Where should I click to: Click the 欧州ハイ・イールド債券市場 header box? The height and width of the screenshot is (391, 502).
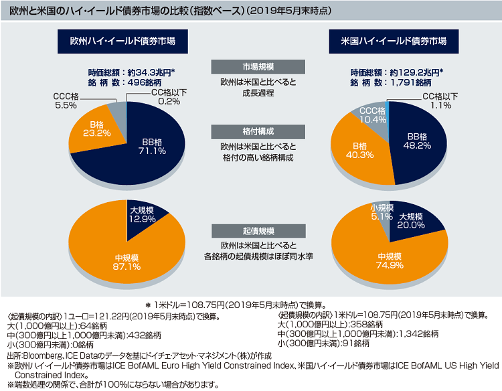click(x=122, y=42)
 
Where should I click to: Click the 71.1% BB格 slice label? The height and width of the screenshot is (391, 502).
click(x=153, y=146)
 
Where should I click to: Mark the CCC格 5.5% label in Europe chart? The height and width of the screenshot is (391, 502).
click(x=66, y=101)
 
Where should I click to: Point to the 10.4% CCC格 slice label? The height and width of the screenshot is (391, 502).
click(x=373, y=115)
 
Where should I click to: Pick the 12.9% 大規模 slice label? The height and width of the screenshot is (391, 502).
click(x=143, y=214)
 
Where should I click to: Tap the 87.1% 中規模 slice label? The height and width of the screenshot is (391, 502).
click(x=127, y=262)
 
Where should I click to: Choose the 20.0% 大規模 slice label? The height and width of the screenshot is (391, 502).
click(x=410, y=222)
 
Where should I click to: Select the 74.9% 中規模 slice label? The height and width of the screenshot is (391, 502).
click(x=388, y=261)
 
